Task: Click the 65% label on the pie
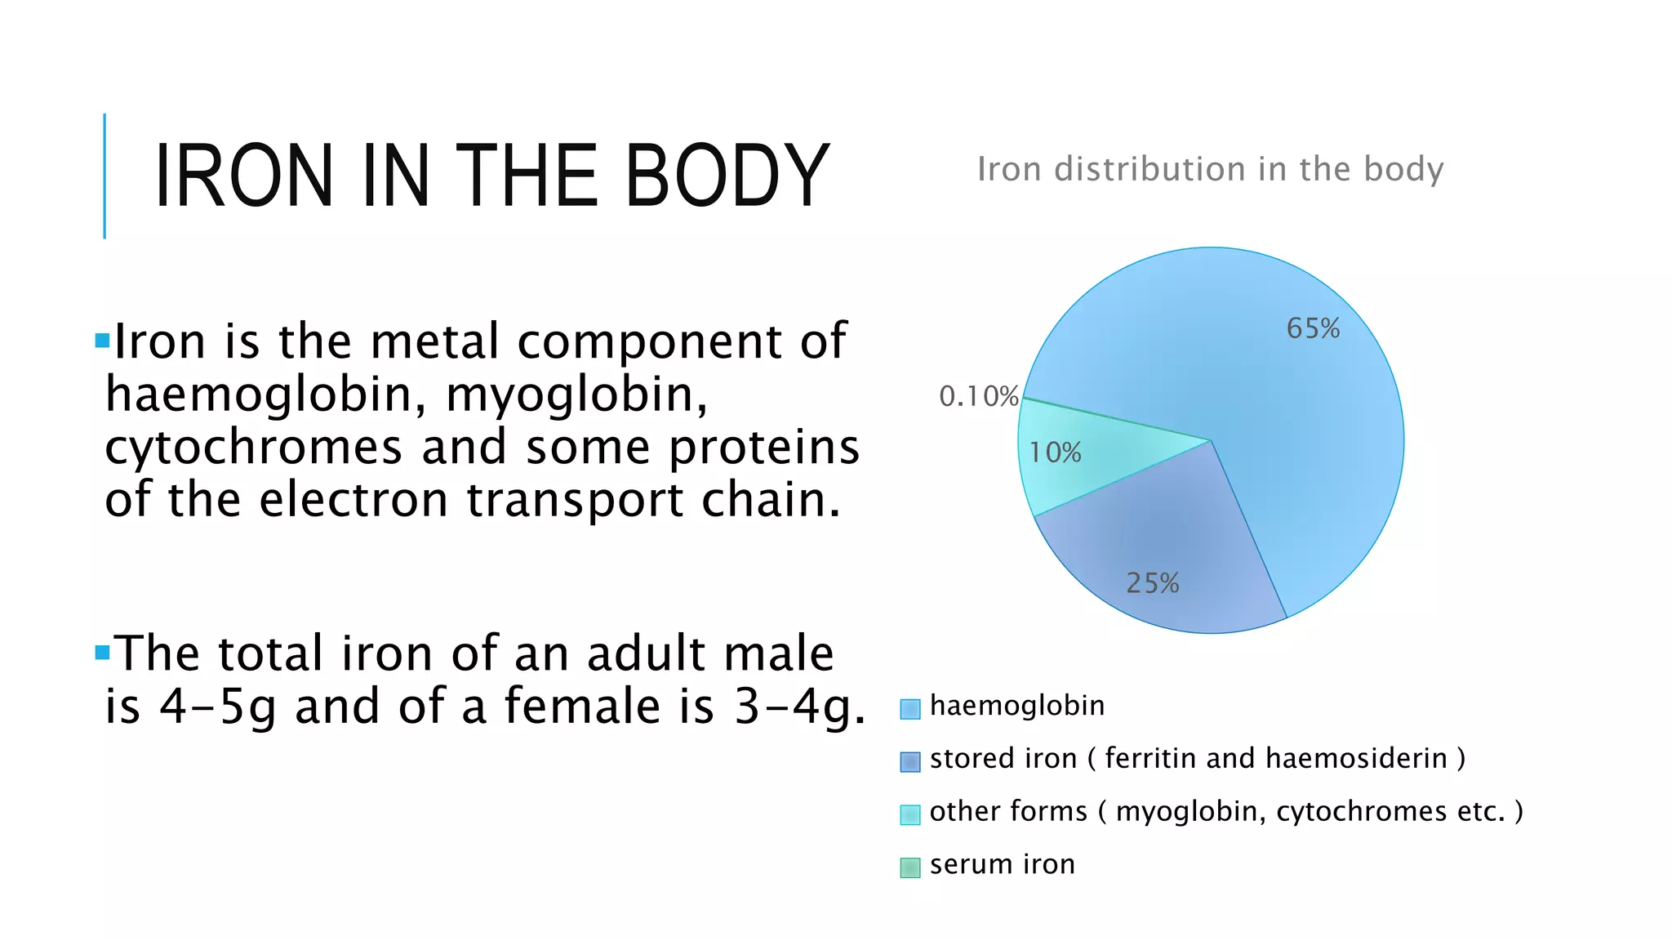[1313, 328]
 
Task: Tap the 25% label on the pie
[1152, 583]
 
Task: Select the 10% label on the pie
[1055, 453]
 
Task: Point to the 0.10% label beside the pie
[978, 396]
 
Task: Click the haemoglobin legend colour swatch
[909, 708]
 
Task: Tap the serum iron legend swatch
[909, 867]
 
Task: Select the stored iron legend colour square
[909, 761]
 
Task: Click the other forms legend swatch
[909, 814]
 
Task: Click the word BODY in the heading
[727, 176]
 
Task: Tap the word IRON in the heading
[243, 176]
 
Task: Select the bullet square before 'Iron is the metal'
[102, 341]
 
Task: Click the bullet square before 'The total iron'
[102, 652]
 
